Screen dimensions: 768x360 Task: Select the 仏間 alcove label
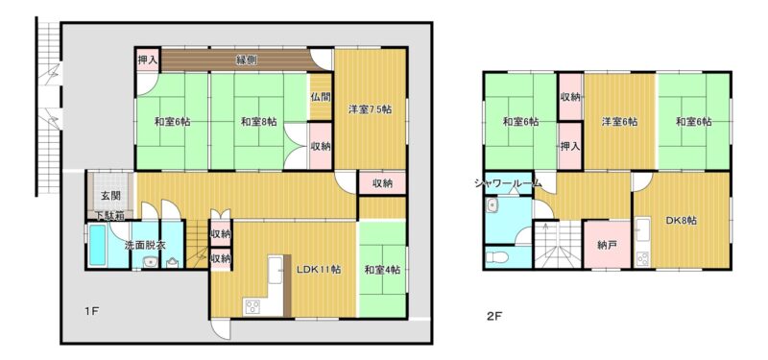321,97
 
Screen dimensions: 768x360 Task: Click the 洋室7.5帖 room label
371,109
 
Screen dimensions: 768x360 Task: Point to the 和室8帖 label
259,122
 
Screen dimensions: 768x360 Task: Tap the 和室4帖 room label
382,270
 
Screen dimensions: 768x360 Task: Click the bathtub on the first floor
98,245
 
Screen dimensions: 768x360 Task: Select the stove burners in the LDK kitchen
252,307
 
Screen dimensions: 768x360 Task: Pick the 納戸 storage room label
607,245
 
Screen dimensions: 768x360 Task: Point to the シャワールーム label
508,183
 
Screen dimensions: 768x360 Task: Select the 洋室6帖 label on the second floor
619,122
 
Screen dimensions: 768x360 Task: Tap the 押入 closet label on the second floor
570,147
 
